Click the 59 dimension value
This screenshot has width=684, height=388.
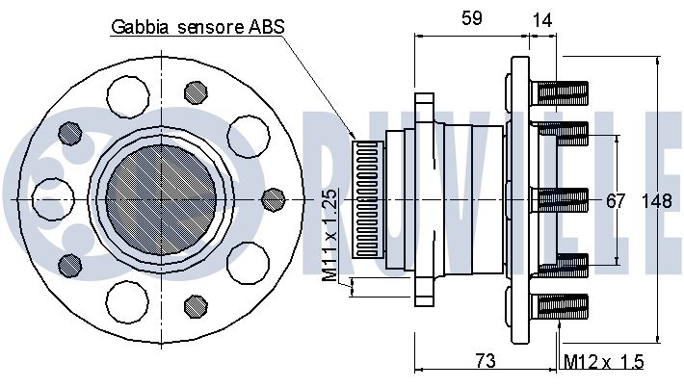[471, 18]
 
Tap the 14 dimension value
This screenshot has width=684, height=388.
[542, 20]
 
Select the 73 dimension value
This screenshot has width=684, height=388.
[486, 361]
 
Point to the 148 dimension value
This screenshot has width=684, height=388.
[657, 201]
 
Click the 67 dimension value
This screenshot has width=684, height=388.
[616, 201]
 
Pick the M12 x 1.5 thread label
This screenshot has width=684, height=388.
[604, 362]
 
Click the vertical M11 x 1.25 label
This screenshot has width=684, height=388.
[329, 235]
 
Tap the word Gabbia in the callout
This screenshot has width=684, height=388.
[140, 27]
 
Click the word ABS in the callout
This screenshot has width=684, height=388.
[267, 26]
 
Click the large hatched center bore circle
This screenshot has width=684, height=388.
[162, 199]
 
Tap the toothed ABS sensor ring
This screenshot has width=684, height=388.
[368, 198]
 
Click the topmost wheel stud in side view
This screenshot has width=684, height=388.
[560, 93]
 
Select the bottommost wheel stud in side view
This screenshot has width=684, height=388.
[560, 306]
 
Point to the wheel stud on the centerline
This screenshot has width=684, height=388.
[560, 200]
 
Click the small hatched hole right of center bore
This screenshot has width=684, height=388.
[274, 199]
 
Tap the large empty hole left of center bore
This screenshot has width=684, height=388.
[53, 199]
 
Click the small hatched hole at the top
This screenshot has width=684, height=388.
[196, 92]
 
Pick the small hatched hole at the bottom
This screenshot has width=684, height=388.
[196, 306]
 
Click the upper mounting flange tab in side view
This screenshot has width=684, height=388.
[425, 108]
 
